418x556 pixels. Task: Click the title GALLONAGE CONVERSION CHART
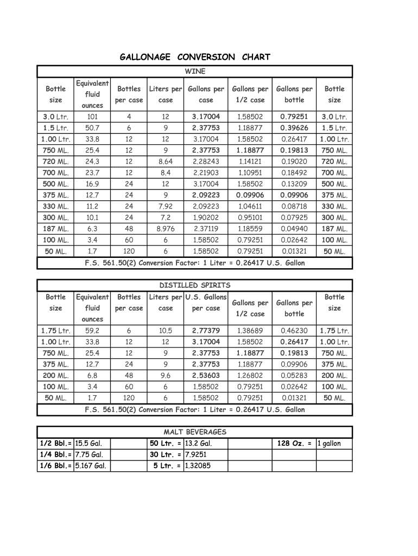195,57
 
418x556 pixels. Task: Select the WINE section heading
195,72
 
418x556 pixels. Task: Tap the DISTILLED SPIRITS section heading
195,285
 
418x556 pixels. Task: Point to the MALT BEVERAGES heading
195,432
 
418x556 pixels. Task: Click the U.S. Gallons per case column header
206,302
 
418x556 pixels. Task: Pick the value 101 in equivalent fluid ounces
92,117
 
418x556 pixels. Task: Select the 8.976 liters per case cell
166,229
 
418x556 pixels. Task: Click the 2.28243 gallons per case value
206,161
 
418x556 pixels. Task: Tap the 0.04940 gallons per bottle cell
294,229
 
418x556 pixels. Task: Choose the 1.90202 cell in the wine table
206,218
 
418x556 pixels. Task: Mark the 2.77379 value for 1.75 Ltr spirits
206,331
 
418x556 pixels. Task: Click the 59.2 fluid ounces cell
92,331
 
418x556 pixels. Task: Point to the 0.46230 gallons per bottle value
294,331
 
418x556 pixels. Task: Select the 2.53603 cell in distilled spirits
206,375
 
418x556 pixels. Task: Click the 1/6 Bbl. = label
55,466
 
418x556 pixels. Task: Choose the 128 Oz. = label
294,444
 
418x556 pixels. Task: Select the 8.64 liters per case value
166,161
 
